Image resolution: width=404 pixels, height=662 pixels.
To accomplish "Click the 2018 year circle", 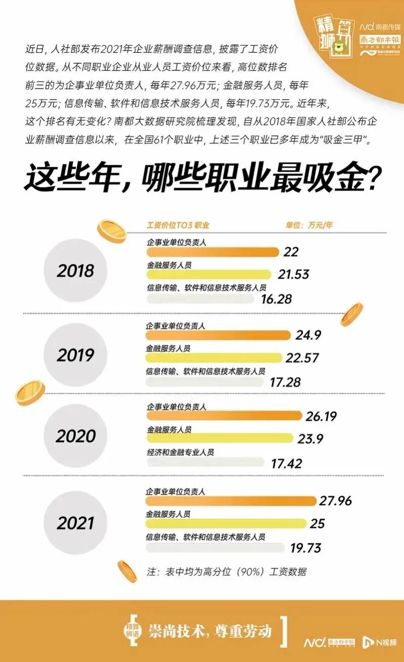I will click(x=75, y=271).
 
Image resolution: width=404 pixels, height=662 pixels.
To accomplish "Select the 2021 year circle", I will click(x=75, y=522).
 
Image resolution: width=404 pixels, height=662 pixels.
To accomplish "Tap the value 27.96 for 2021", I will click(x=335, y=501).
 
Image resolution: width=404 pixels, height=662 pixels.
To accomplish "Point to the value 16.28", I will click(x=277, y=299).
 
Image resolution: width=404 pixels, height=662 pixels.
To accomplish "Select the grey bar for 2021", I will click(x=215, y=548).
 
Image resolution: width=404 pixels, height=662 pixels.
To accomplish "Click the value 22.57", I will click(x=302, y=358).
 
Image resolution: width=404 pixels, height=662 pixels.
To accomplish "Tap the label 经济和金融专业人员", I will click(x=180, y=452).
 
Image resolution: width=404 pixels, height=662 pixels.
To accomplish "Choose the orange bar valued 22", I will click(x=213, y=251).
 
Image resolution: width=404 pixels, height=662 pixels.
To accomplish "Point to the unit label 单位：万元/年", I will click(x=309, y=226).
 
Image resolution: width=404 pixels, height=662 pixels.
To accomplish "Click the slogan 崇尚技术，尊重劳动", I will click(x=210, y=631).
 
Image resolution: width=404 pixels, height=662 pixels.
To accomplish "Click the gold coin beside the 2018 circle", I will click(x=112, y=231).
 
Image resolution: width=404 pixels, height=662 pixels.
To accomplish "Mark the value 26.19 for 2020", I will click(x=321, y=416).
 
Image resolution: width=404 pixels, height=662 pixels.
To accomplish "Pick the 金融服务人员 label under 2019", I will click(x=169, y=348).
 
